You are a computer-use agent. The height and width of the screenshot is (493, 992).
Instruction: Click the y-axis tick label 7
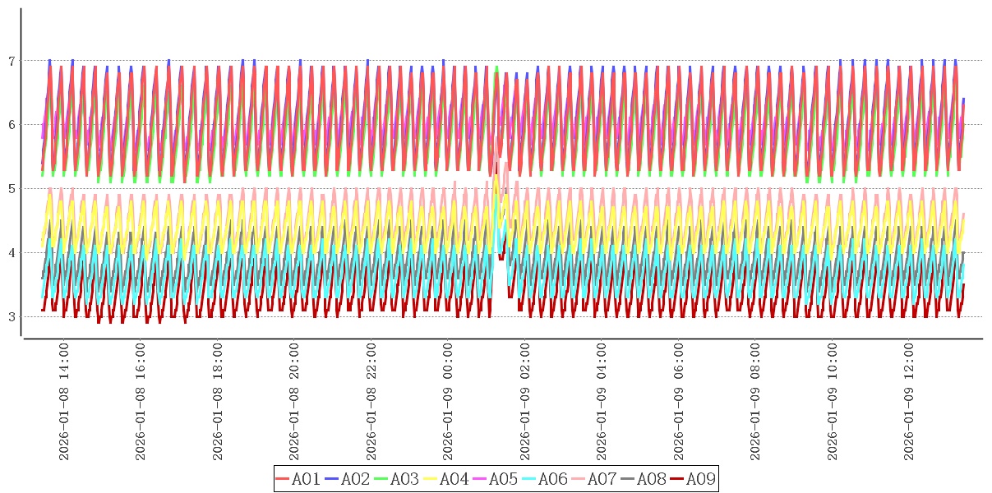(12, 61)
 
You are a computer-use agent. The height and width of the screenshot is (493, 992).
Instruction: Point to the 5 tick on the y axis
(12, 189)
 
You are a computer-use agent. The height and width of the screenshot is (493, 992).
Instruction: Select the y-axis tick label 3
(12, 317)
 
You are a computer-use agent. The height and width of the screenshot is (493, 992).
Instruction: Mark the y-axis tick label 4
(12, 253)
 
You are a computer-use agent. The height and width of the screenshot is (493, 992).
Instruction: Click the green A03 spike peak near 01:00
(496, 68)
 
